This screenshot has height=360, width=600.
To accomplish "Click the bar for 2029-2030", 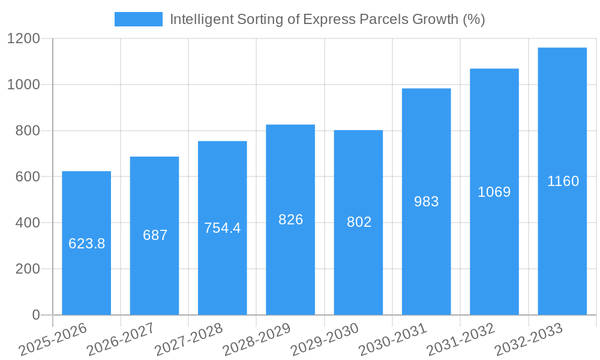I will (358, 270).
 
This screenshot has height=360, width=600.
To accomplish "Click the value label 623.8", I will (86, 244).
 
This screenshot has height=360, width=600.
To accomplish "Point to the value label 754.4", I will (222, 228).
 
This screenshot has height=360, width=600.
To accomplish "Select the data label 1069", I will (494, 192).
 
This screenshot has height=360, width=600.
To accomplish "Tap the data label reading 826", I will (290, 220).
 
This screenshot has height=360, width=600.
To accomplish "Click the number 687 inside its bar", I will (155, 235).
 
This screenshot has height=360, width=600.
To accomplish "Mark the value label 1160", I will (563, 181).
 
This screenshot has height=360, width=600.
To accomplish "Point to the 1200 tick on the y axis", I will (23, 39).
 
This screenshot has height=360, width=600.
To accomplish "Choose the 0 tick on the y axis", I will (35, 315).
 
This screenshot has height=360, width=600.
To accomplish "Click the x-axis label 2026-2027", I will (120, 340).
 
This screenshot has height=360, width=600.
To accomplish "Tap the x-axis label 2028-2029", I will (256, 340).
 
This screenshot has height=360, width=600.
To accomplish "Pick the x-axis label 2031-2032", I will (460, 340).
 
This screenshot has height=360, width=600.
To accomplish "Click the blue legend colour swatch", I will (138, 19).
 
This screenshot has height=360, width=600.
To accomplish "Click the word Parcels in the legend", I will (385, 19).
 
